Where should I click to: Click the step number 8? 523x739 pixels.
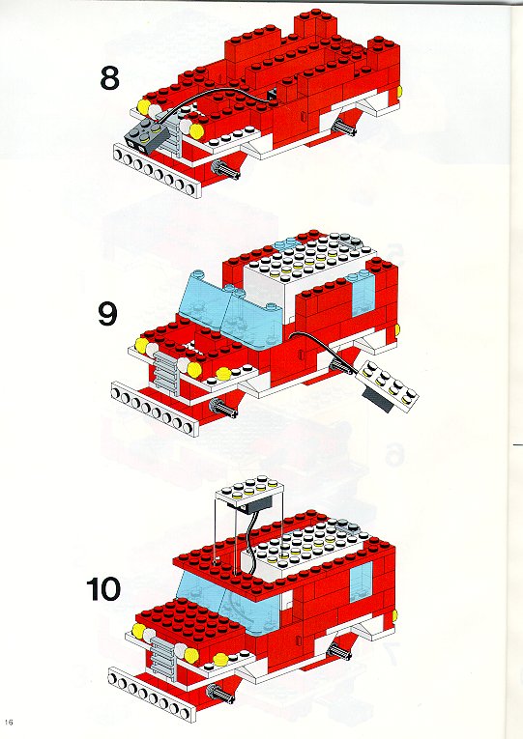pyautogui.click(x=109, y=78)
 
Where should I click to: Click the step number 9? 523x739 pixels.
pyautogui.click(x=107, y=313)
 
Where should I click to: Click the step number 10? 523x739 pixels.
pyautogui.click(x=103, y=588)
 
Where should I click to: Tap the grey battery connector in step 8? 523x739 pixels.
pyautogui.click(x=145, y=133)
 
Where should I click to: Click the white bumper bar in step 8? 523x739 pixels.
pyautogui.click(x=158, y=170)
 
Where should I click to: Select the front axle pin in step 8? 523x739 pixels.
pyautogui.click(x=226, y=169)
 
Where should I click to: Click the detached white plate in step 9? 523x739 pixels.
pyautogui.click(x=389, y=384)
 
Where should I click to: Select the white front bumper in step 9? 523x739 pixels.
pyautogui.click(x=155, y=409)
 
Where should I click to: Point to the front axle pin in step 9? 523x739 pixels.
pyautogui.click(x=224, y=408)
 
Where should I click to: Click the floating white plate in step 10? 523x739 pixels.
pyautogui.click(x=250, y=492)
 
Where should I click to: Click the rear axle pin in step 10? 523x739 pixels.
pyautogui.click(x=340, y=652)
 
